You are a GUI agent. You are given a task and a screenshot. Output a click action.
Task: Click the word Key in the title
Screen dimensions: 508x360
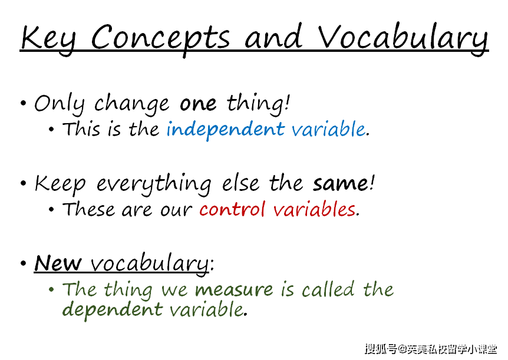(48, 39)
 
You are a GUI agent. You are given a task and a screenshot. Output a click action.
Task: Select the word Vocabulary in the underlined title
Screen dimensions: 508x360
(403, 39)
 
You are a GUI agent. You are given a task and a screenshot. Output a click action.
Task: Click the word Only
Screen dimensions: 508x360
(60, 104)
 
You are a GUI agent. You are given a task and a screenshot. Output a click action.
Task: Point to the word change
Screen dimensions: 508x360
(131, 104)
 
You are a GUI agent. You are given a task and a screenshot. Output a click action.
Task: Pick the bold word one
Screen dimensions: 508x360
(198, 104)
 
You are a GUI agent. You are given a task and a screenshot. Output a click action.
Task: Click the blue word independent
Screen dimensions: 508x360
(226, 130)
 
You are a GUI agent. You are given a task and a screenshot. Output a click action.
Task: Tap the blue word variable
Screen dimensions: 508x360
(328, 128)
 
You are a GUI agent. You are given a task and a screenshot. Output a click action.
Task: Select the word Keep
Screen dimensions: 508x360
(60, 184)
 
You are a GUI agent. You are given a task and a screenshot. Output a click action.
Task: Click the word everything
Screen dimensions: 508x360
(154, 184)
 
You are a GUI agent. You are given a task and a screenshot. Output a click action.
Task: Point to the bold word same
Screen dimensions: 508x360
(341, 183)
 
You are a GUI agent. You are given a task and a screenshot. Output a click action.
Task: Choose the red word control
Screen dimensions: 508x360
(232, 209)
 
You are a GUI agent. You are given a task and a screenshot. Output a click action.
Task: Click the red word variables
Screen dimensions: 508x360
(314, 209)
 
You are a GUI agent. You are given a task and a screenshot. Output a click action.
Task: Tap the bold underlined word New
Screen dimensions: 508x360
(58, 263)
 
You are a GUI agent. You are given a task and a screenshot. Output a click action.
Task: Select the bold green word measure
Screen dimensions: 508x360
(234, 289)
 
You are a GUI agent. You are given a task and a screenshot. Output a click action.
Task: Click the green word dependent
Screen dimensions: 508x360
(112, 309)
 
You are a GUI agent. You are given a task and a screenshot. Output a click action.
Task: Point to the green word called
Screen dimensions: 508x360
(328, 289)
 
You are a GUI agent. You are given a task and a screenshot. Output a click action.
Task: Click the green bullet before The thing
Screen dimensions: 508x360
(51, 289)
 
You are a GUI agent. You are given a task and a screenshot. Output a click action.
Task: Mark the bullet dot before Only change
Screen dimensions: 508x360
(23, 103)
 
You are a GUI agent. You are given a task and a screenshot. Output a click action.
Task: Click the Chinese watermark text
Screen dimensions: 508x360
(431, 349)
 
